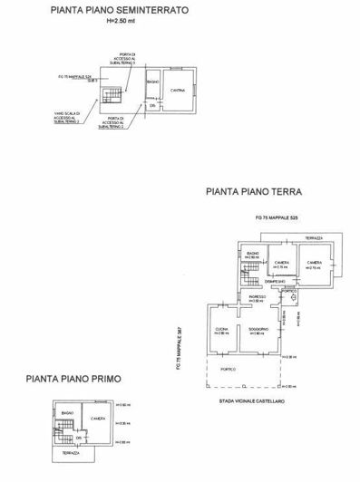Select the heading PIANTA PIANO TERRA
coord(254,193)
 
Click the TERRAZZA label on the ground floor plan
coord(313,237)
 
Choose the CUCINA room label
coord(221,330)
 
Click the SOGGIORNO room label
coord(257,330)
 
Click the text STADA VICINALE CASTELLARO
coord(257,399)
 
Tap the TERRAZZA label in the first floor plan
coord(70,450)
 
